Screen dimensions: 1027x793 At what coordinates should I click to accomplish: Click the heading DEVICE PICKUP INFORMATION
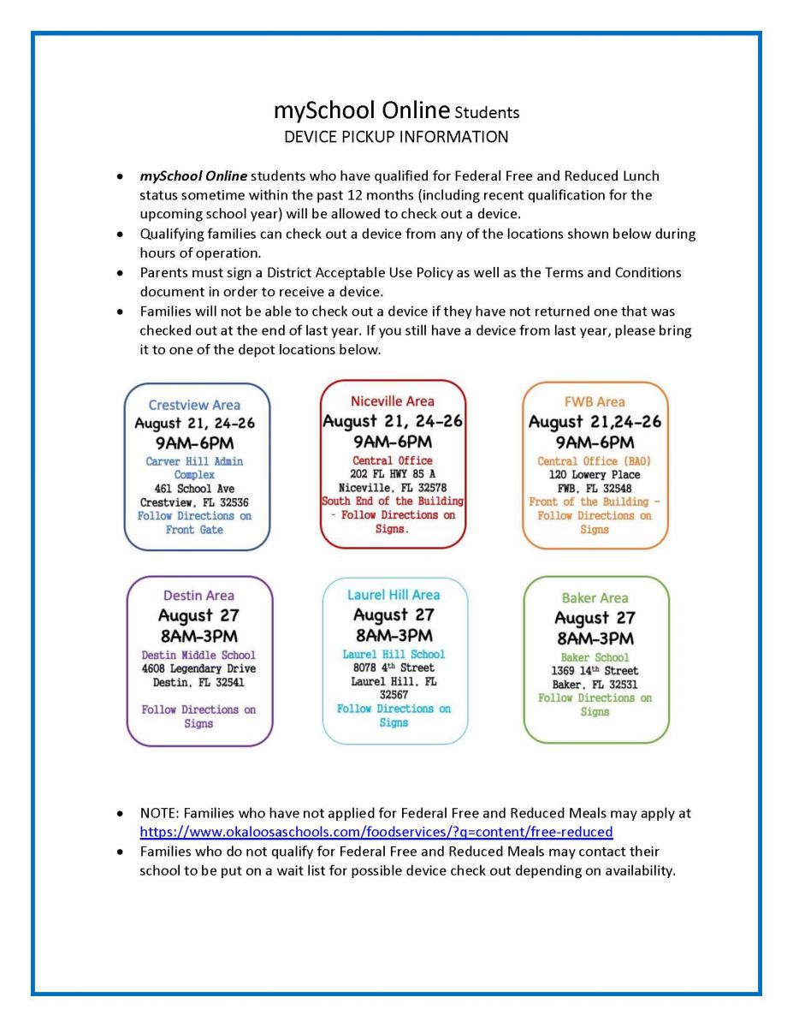click(x=395, y=137)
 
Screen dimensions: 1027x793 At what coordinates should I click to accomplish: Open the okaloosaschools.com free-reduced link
click(x=376, y=832)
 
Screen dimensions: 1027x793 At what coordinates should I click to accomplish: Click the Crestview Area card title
click(x=194, y=405)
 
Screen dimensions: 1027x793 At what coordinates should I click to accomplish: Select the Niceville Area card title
click(x=392, y=401)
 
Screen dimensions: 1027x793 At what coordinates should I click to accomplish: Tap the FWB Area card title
click(x=595, y=401)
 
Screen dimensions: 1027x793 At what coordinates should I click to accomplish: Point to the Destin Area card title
click(x=198, y=595)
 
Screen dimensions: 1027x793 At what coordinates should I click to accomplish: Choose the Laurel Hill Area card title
click(x=394, y=594)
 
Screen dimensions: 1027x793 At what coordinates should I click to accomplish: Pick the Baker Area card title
click(x=595, y=597)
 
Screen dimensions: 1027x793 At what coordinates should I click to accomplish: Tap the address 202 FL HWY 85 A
click(x=393, y=473)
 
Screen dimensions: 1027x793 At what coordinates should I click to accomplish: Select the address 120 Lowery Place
click(x=595, y=474)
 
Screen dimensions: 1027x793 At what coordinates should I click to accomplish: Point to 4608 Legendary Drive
click(x=198, y=668)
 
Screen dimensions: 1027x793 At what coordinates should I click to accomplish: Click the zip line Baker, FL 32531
click(x=595, y=685)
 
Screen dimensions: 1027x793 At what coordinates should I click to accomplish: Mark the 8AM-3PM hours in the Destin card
click(x=198, y=637)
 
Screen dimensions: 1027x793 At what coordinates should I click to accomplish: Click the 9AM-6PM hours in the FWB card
click(x=595, y=442)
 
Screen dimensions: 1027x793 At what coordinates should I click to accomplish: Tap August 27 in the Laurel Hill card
click(x=394, y=614)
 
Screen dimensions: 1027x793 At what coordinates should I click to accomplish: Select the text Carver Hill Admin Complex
click(x=194, y=467)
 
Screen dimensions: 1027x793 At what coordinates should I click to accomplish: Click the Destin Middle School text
click(x=198, y=655)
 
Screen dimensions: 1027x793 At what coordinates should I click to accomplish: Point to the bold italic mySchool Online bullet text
click(x=193, y=176)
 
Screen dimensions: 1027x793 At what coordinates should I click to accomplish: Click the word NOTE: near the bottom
click(x=160, y=813)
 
